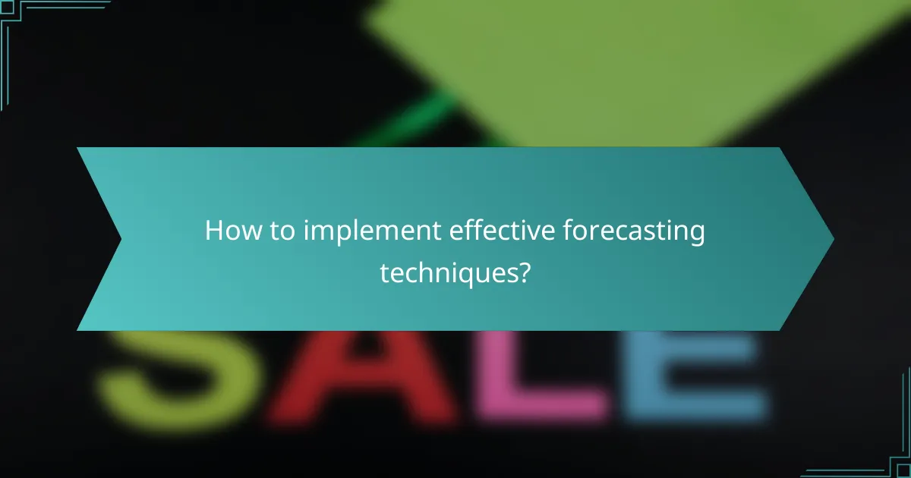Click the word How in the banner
click(230, 231)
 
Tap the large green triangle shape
click(607, 61)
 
